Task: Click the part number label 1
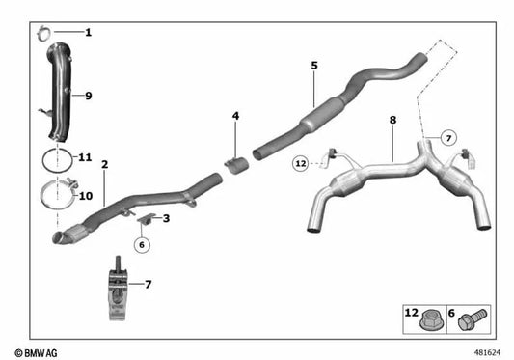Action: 88,33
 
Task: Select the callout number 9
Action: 88,96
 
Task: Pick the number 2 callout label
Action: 104,164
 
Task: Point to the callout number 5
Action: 314,66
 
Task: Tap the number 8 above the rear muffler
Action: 392,121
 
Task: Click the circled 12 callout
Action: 301,164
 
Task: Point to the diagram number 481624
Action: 489,351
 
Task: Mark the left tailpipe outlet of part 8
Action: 316,227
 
